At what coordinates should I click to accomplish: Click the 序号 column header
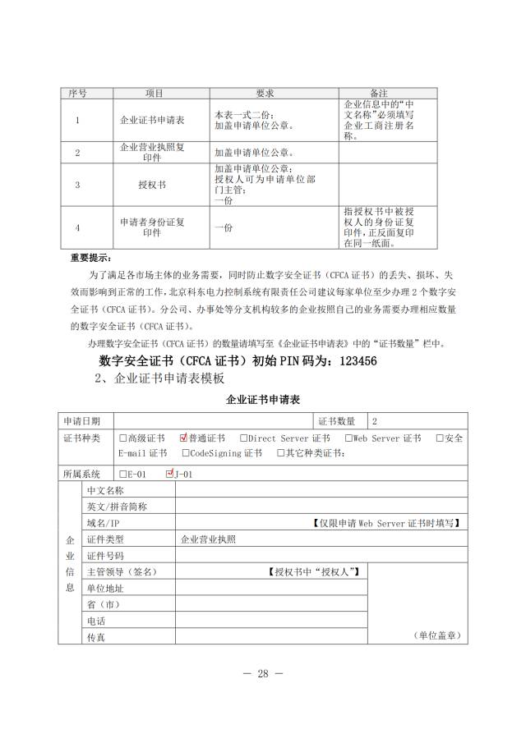(x=77, y=94)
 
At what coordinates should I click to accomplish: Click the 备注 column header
(x=380, y=94)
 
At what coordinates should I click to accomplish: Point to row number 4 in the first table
(x=77, y=227)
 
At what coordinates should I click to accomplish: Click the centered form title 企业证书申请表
(x=263, y=400)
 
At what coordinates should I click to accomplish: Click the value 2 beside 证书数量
(x=375, y=421)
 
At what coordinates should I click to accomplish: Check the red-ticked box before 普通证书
(x=183, y=438)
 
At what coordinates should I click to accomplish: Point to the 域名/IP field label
(x=104, y=523)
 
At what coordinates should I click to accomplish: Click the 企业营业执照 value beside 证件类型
(x=208, y=539)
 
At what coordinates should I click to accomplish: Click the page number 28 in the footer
(x=263, y=674)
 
